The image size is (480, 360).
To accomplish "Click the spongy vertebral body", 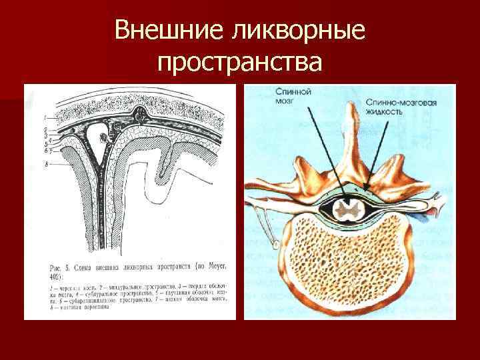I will tap(347, 267).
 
